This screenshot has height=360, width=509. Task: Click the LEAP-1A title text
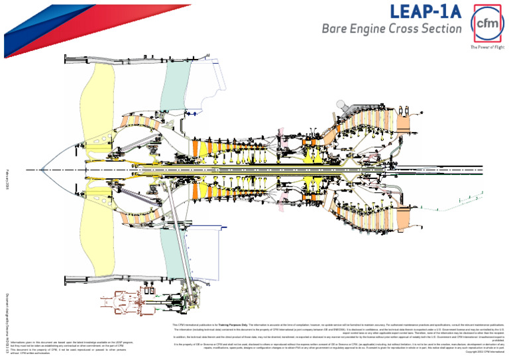424,12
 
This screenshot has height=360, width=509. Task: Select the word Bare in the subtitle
335,29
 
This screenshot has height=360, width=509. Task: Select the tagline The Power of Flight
487,48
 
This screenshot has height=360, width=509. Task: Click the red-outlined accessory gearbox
119,302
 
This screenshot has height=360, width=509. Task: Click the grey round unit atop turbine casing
342,105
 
